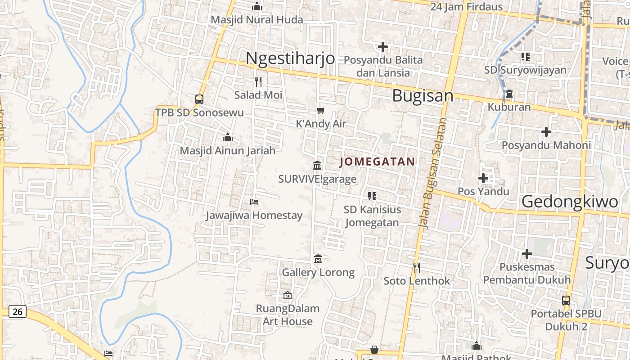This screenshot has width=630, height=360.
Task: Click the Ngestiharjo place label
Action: coord(290,58)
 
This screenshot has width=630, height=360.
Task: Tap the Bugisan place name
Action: coord(423,96)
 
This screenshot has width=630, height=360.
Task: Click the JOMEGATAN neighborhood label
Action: coord(377,162)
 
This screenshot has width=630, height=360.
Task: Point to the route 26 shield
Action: coord(17,311)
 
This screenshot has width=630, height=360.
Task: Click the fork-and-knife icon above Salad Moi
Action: coord(258,81)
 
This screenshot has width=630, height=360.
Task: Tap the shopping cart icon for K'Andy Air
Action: coord(321,110)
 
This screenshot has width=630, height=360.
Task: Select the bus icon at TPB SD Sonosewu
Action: coord(199,99)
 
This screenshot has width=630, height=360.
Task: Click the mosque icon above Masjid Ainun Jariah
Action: coord(228,137)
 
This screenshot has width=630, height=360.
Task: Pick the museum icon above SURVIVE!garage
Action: coord(317,166)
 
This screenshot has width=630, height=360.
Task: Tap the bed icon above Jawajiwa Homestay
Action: coord(254,202)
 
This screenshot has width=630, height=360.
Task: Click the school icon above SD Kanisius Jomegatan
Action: coord(372,196)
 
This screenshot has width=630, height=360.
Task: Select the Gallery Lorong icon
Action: coord(318,259)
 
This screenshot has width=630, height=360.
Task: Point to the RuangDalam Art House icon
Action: coord(288,295)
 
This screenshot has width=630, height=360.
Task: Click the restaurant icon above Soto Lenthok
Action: coord(417,268)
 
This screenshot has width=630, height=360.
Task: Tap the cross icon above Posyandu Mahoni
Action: coord(546,132)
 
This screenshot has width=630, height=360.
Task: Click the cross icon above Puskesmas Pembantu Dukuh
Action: coord(527,254)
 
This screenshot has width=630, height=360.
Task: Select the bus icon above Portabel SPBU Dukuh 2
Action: coord(566,300)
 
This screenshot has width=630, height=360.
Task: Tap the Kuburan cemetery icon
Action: coord(509,94)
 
